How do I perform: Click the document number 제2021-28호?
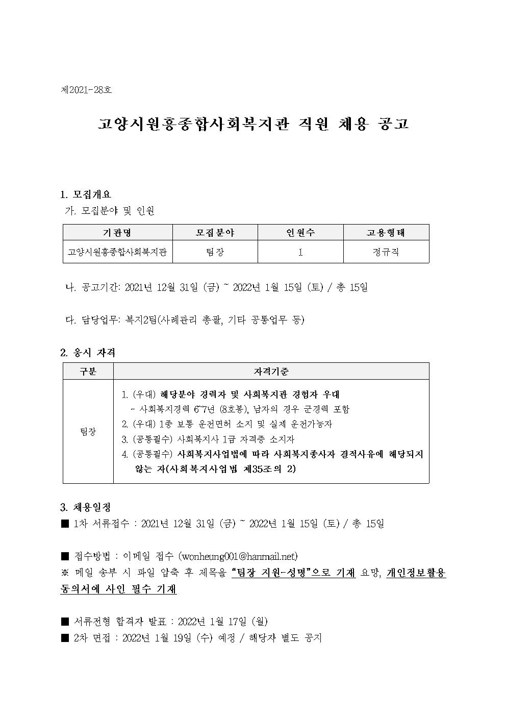tap(86, 90)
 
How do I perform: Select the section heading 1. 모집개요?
tap(86, 194)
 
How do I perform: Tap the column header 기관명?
tap(117, 233)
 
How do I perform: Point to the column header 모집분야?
tap(215, 233)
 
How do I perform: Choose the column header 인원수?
tap(300, 233)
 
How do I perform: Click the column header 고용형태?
tap(386, 233)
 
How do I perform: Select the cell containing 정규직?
tap(386, 252)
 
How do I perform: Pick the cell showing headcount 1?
tap(300, 252)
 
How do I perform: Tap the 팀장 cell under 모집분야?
tap(215, 252)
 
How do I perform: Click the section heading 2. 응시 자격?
tap(88, 352)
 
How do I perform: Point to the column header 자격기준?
tap(271, 372)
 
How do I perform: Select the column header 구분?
tap(88, 372)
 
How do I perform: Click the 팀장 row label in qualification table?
tap(88, 432)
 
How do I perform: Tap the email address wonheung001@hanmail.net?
tap(238, 556)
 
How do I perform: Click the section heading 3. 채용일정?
tap(86, 508)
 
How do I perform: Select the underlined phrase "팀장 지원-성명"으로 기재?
tap(293, 573)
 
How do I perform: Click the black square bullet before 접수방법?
tap(65, 556)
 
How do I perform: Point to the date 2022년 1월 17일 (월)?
tap(223, 622)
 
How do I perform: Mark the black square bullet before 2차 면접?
tap(65, 638)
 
